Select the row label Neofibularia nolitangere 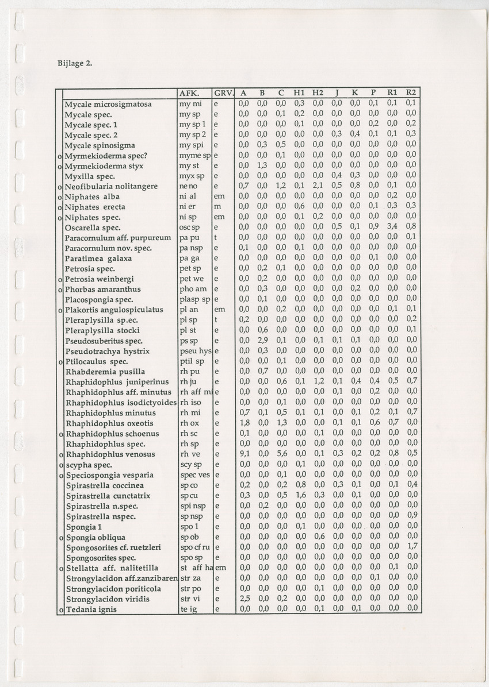pyautogui.click(x=111, y=186)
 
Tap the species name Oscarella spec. pyautogui.click(x=92, y=227)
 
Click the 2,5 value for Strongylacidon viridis pyautogui.click(x=243, y=599)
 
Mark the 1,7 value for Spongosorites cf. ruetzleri pyautogui.click(x=411, y=547)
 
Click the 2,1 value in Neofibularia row pyautogui.click(x=318, y=186)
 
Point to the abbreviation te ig pyautogui.click(x=188, y=609)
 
